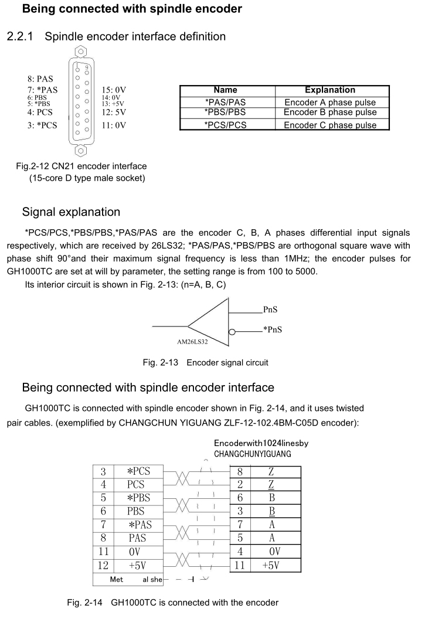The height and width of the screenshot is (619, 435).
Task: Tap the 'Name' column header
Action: [x=226, y=90]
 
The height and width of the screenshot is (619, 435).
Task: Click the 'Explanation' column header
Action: [x=330, y=90]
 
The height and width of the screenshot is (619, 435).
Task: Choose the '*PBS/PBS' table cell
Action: [x=226, y=113]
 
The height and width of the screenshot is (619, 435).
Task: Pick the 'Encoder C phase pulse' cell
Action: [x=330, y=124]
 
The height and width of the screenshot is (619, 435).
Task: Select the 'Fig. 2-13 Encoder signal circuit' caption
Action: [x=205, y=362]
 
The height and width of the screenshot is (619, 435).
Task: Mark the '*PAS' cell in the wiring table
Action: [x=140, y=524]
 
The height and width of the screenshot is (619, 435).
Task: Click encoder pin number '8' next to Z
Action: [x=240, y=471]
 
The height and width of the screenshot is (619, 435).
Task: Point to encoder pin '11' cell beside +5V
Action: [x=240, y=565]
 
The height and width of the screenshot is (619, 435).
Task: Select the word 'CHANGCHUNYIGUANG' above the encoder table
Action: [x=253, y=454]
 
